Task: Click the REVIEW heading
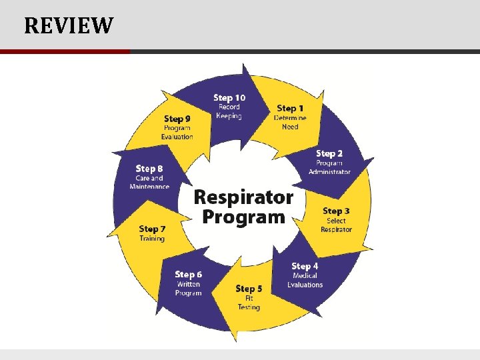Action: [x=69, y=26]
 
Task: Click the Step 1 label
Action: [x=290, y=108]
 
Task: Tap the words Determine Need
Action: [x=290, y=122]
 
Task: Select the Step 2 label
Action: [x=329, y=154]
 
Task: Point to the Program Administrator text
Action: [x=329, y=167]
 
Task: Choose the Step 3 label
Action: [x=336, y=211]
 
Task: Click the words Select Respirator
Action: [x=336, y=225]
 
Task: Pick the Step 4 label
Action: [x=305, y=267]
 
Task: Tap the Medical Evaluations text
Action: [x=305, y=280]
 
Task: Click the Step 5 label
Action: [x=249, y=289]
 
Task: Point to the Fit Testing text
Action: [x=249, y=303]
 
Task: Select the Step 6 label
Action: [x=188, y=275]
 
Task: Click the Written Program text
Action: [x=188, y=289]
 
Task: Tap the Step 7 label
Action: [x=152, y=229]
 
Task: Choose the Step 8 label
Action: [x=149, y=169]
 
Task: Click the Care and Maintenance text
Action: [x=149, y=182]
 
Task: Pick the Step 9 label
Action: [x=177, y=119]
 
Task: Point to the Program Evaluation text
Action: [x=177, y=132]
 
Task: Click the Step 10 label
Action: [x=229, y=98]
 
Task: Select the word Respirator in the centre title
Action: [x=243, y=197]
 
